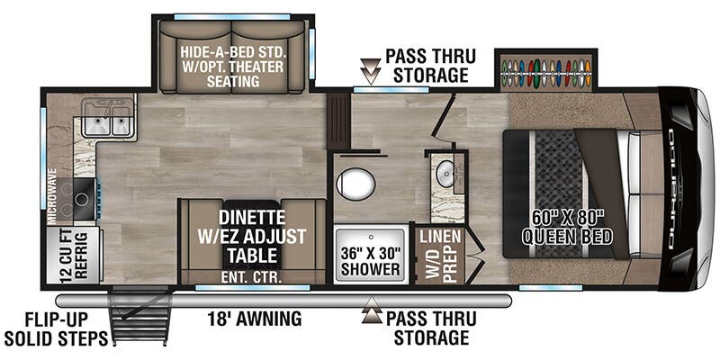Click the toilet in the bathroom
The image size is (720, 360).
tap(356, 185)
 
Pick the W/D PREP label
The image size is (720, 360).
tap(432, 262)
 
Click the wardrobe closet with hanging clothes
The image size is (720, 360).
tap(544, 71)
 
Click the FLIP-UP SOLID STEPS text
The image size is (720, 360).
tap(54, 328)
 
